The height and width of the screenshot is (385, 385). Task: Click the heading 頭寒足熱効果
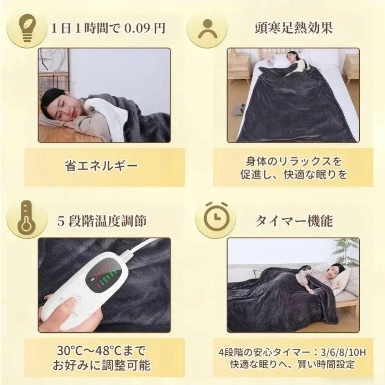[293, 28]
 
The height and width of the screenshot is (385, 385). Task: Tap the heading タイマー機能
[293, 221]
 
